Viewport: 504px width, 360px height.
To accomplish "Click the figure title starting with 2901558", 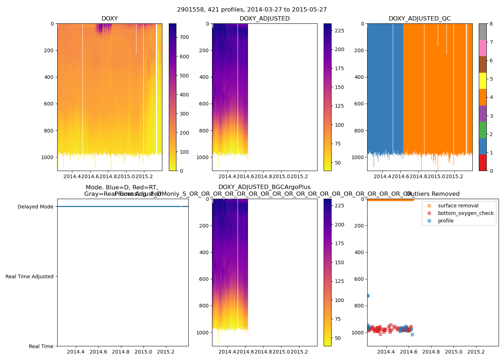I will point(252,10).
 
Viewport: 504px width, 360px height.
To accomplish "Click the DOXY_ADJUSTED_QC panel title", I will point(419,19).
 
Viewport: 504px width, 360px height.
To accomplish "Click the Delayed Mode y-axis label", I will point(35,207).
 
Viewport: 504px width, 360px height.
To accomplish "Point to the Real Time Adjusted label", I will point(30,276).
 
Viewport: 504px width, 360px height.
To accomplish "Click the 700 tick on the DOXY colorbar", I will point(184,37).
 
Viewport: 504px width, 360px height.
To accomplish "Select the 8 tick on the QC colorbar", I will point(491,24).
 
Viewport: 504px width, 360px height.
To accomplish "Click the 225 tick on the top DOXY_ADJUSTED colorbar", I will point(339,31).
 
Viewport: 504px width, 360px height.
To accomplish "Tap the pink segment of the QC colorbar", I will point(482,48).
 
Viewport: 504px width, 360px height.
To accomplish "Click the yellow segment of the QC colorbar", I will point(482,81).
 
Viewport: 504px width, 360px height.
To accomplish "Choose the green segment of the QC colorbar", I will point(482,130).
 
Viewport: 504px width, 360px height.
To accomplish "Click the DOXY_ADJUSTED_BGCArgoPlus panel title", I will point(264,187).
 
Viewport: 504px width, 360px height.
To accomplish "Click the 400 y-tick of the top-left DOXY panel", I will point(49,77).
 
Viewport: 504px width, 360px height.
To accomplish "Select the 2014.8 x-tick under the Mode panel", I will point(121,352).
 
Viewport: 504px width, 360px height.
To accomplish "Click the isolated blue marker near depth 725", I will point(368,296).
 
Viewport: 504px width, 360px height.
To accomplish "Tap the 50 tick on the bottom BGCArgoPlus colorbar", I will point(338,338).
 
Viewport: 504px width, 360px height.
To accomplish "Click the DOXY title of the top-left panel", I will point(109,19).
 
